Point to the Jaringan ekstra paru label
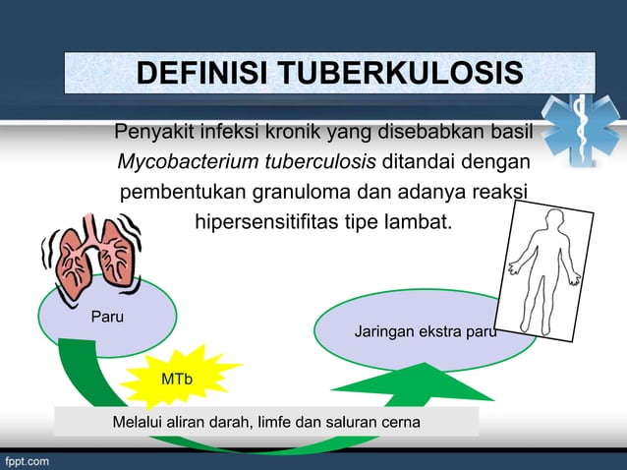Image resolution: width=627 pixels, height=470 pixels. tap(425, 332)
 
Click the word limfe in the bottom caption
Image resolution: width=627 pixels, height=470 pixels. tap(275, 422)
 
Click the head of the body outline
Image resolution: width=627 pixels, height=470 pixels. tap(555, 218)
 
